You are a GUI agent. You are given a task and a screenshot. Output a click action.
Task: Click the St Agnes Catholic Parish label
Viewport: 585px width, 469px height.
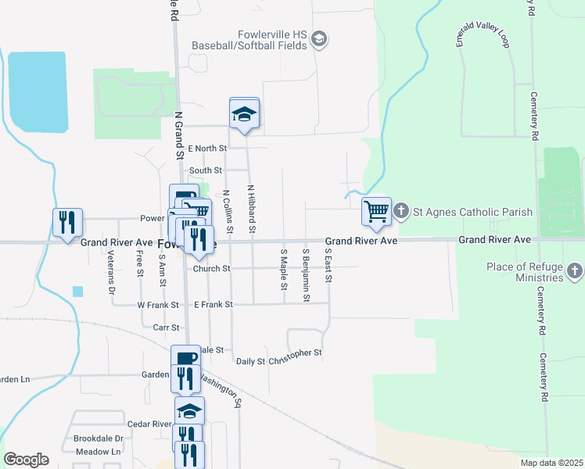[472, 211]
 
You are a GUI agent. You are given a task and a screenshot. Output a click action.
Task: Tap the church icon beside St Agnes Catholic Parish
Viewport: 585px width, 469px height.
[401, 211]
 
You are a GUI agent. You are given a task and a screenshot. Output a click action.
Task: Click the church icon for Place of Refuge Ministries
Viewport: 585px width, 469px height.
[575, 271]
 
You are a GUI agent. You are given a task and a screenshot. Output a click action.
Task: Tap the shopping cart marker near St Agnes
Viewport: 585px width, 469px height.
[376, 211]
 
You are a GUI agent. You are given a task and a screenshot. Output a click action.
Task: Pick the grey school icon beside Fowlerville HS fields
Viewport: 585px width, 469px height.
[319, 39]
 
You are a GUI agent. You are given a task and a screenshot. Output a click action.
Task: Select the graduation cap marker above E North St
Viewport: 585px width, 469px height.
[244, 114]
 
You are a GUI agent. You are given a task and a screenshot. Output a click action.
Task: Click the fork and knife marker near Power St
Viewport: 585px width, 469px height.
[67, 222]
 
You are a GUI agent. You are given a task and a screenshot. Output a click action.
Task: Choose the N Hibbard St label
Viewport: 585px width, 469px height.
[251, 209]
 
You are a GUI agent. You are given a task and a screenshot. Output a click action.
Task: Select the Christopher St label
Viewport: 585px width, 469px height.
[296, 353]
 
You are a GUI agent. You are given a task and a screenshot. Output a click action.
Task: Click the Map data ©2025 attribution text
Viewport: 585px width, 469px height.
[551, 463]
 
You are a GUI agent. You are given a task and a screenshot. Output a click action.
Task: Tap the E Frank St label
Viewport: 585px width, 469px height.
[213, 304]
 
